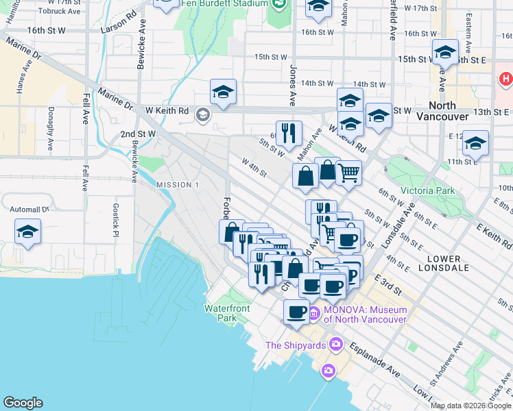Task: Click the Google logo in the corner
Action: click(23, 403)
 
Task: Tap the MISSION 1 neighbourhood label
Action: click(177, 185)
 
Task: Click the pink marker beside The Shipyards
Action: click(336, 344)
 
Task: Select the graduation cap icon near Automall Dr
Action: click(27, 232)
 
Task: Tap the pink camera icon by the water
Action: click(329, 371)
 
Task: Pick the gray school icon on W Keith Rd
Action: click(203, 114)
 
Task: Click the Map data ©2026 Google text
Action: click(470, 406)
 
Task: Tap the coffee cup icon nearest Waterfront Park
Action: click(297, 312)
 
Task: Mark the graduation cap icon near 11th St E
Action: click(475, 143)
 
